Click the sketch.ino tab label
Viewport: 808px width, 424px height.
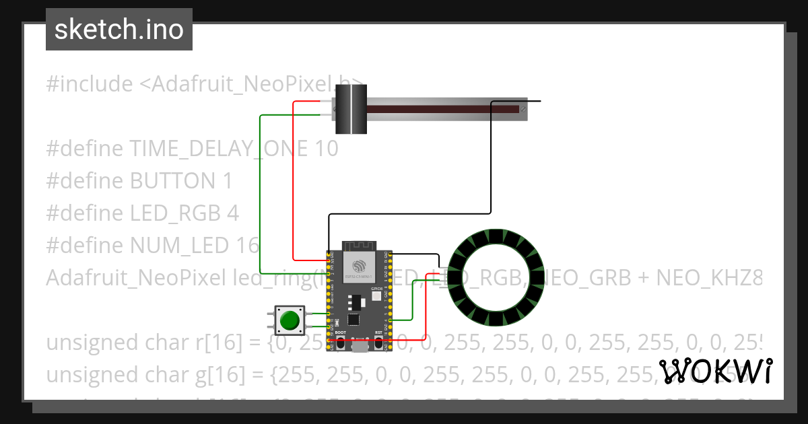point(119,30)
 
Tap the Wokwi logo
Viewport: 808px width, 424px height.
point(715,371)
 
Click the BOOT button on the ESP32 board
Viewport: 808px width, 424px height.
point(341,343)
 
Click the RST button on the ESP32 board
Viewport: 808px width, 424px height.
point(378,343)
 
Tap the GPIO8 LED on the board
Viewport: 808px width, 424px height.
point(376,296)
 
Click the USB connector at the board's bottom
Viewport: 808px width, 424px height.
point(360,346)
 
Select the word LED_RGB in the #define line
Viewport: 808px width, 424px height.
point(175,213)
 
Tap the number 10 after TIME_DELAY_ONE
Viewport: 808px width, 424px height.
point(327,149)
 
